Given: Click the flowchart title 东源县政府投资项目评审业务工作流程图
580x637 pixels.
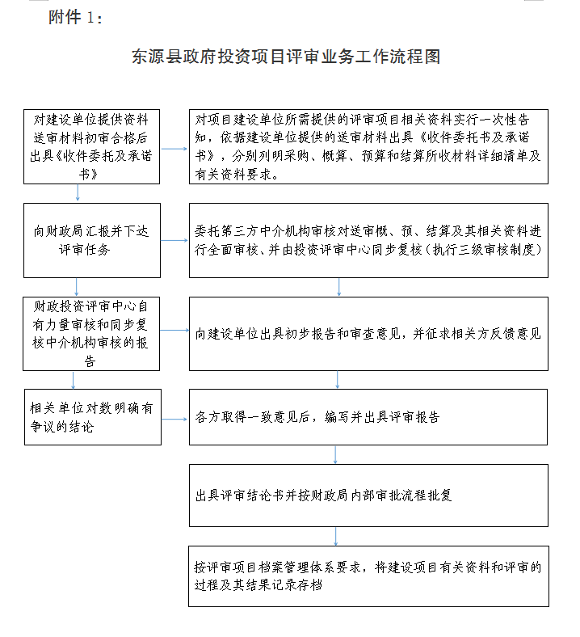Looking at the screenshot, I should click(x=286, y=57).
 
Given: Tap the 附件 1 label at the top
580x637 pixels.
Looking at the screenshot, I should click(x=76, y=17).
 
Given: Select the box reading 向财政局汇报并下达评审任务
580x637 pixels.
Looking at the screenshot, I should click(x=92, y=240).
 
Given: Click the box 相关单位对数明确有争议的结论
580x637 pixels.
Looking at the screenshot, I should click(x=92, y=417).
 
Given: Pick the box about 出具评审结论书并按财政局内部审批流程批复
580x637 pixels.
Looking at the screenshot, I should click(x=368, y=495).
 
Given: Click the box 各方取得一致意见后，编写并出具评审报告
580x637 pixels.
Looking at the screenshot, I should click(x=368, y=417).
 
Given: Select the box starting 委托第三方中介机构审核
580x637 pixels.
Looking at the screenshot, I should click(x=368, y=240).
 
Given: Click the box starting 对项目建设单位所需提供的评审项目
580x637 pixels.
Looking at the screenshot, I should click(x=368, y=146).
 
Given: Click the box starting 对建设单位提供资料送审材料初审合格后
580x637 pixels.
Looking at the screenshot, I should click(x=92, y=146).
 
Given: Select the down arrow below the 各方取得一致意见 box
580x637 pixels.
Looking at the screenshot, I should click(x=335, y=455).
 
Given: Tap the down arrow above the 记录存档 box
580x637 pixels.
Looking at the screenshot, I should click(x=335, y=535).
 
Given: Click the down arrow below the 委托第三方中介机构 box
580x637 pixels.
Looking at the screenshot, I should click(x=338, y=286).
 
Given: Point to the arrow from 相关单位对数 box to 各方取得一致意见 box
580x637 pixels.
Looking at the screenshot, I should click(x=174, y=419).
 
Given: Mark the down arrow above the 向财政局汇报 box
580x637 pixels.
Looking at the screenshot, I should click(x=78, y=192).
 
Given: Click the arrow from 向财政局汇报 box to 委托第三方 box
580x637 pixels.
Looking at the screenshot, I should click(x=174, y=240).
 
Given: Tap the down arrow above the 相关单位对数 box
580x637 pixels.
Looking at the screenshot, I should click(x=74, y=380).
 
